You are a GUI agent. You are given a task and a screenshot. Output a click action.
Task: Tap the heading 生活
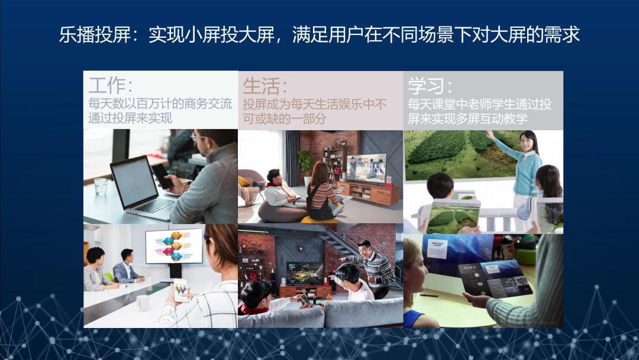coord(260,86)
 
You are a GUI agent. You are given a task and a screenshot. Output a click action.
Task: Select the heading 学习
coord(425,86)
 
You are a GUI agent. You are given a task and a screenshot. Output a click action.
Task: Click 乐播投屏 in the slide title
coord(95,34)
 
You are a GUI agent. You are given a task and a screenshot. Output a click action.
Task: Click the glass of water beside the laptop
coord(100,187)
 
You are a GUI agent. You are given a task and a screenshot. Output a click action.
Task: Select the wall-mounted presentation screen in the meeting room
coord(174,246)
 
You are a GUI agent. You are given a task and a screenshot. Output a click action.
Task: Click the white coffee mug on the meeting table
coord(143,303)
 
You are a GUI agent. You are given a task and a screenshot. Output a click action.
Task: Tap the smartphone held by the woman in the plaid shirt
coord(180,290)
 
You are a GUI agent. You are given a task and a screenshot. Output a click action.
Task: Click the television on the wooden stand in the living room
coord(366,168)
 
